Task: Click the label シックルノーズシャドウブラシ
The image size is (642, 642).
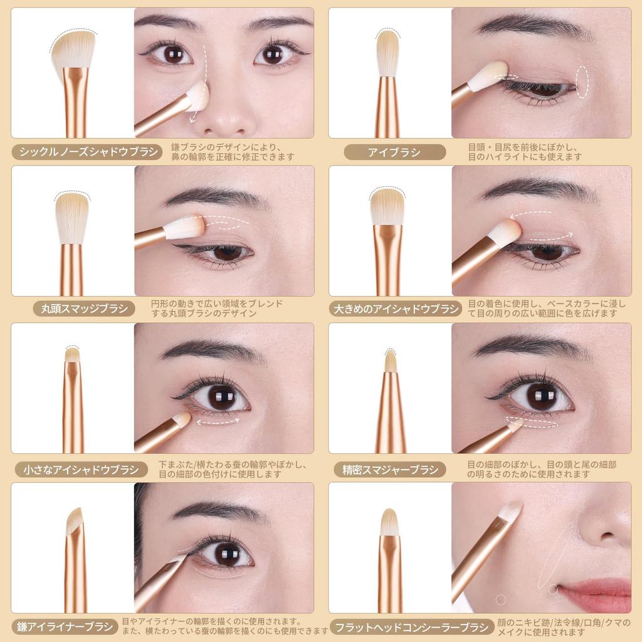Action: click(x=88, y=152)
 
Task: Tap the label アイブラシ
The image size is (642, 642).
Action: click(x=394, y=152)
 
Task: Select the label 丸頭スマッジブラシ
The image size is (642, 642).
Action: click(x=84, y=308)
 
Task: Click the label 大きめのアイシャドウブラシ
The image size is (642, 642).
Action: click(x=396, y=308)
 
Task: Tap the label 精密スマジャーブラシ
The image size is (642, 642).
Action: click(x=389, y=469)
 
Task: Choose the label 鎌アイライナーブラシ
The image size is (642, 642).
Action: click(x=65, y=626)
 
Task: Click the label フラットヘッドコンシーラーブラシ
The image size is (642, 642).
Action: click(x=412, y=626)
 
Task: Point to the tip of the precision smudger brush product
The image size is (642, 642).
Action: click(x=391, y=360)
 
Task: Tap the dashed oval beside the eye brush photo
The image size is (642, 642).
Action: click(x=583, y=82)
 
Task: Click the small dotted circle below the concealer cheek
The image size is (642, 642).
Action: click(x=500, y=599)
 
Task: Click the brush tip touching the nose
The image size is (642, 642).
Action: click(x=197, y=96)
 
